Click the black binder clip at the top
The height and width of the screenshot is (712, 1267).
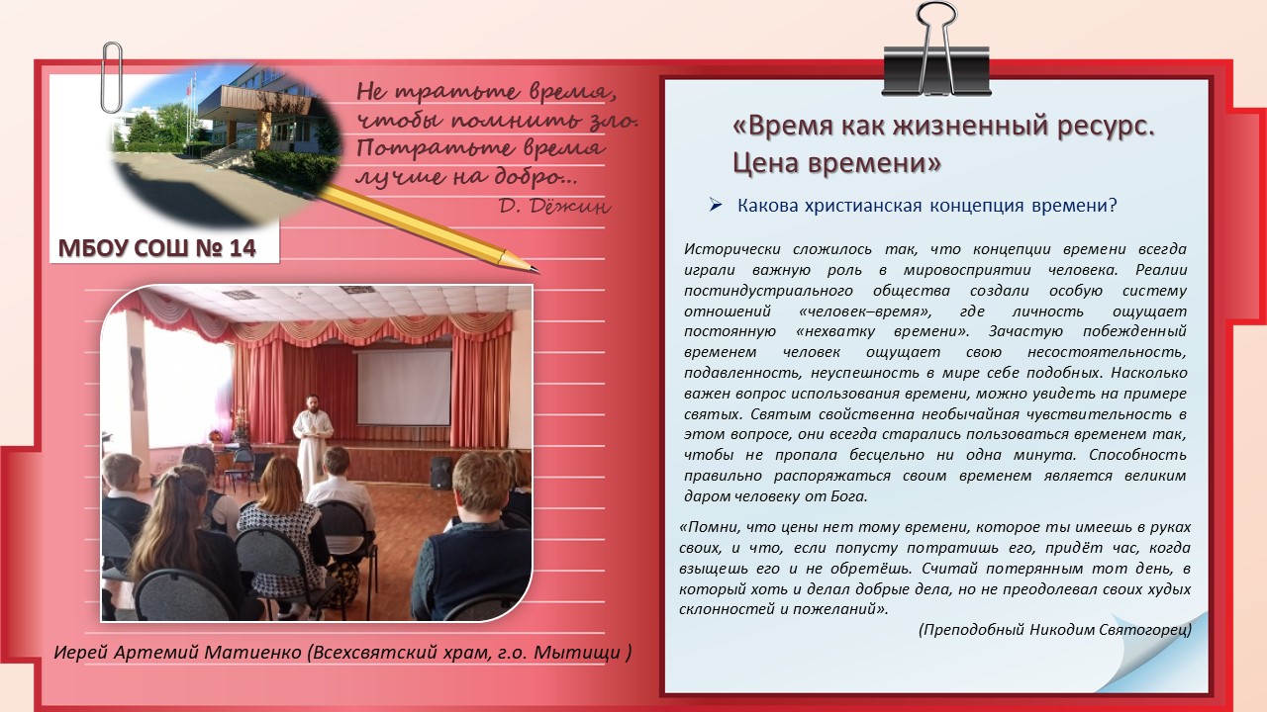(936, 69)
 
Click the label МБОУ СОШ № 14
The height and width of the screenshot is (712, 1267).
(157, 248)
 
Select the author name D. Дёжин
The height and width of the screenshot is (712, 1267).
(555, 207)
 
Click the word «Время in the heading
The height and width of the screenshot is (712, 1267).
(783, 126)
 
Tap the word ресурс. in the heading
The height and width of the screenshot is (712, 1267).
(1106, 127)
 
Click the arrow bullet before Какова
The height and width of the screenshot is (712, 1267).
(716, 205)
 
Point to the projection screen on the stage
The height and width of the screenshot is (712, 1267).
(403, 388)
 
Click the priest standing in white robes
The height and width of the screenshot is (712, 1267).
(312, 444)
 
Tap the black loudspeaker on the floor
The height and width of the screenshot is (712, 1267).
(441, 473)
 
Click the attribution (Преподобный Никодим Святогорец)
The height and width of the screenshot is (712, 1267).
(1055, 630)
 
